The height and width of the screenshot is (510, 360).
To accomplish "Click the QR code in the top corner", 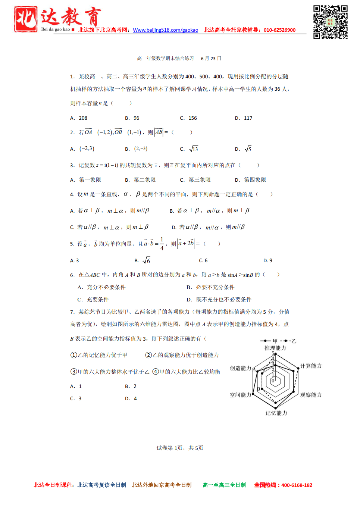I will point(330,22).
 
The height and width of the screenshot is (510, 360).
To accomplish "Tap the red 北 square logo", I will point(26,19).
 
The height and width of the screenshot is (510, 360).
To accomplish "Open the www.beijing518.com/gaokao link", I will point(165,30).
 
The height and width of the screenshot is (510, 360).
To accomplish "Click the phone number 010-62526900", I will point(279,30).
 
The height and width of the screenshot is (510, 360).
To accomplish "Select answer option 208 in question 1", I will point(83,118).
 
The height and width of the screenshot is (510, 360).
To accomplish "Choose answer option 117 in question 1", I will point(248,118).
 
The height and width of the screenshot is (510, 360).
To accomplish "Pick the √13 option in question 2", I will point(194,149).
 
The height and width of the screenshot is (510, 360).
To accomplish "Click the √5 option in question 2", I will point(248,149).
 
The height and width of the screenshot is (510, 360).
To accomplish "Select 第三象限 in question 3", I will point(200,180).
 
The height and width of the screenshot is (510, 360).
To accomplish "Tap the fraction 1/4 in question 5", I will point(162,243).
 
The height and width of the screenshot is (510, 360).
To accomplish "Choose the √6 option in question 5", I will point(147,260).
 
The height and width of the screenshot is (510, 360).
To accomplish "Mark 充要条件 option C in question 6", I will point(97,300).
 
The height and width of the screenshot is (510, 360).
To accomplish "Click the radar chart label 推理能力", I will point(275,348).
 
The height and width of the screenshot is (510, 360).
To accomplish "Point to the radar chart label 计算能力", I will point(311,366).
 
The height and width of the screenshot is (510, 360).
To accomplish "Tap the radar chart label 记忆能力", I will point(276,413).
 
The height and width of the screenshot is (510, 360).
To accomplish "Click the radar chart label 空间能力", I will point(240,395).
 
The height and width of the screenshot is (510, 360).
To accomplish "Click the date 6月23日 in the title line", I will point(211,59).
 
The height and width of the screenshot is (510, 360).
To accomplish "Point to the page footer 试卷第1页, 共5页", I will point(180,448).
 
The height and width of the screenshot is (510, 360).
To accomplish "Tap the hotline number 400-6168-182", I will point(297,485).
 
